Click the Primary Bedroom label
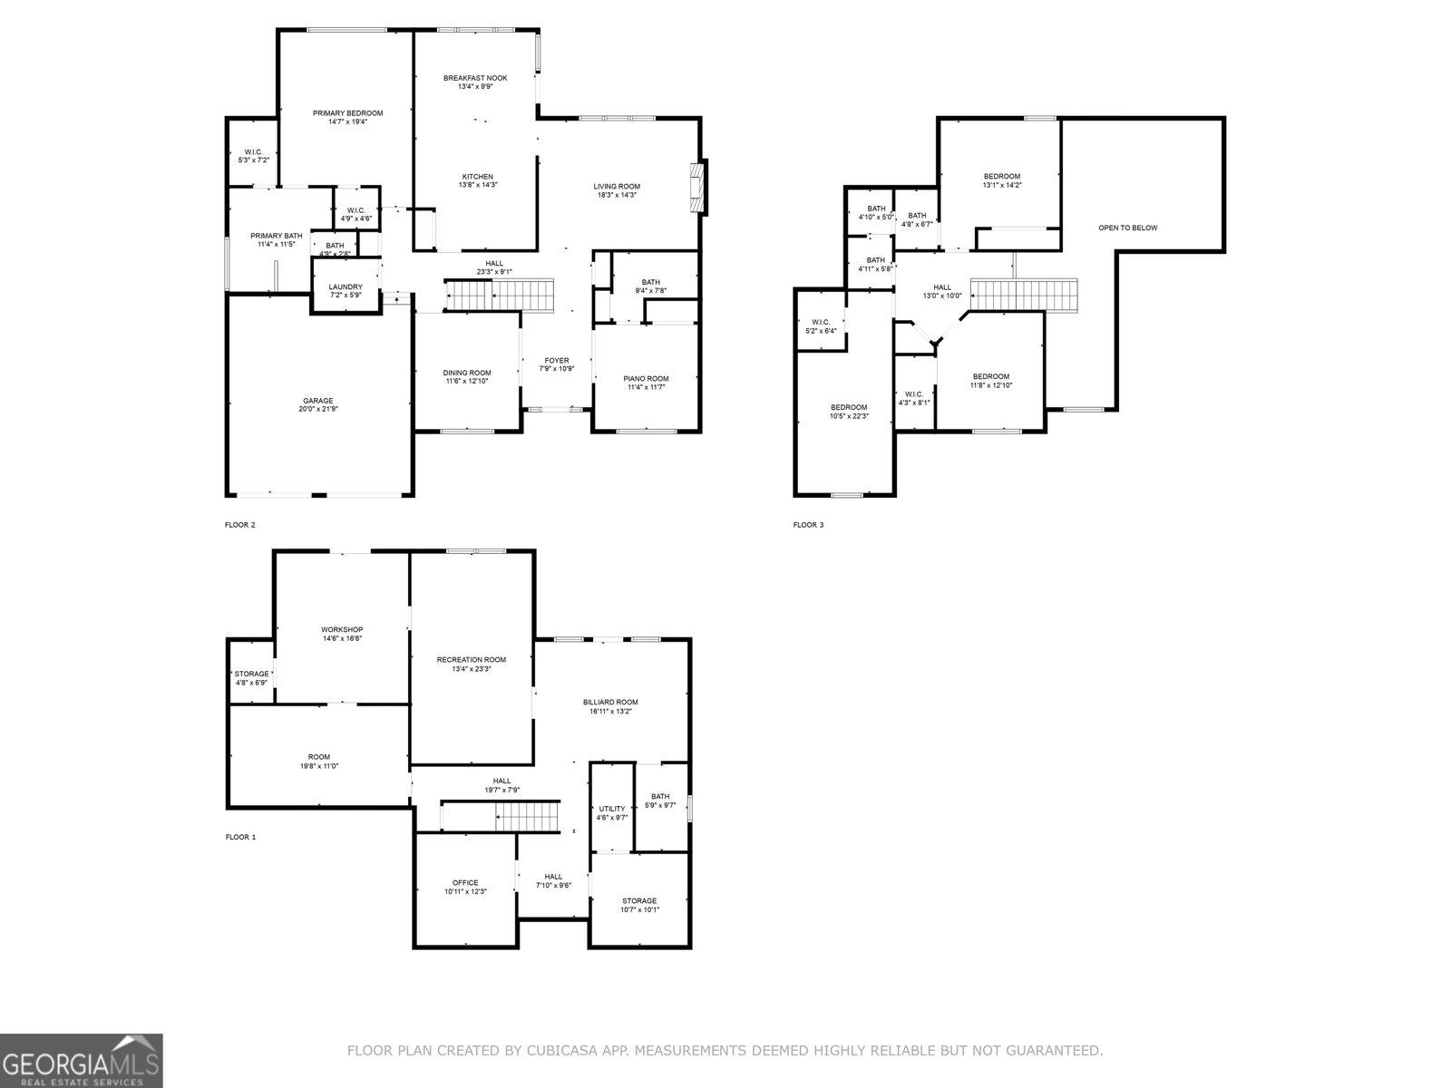click(347, 113)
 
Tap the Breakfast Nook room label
click(475, 78)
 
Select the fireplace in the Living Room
click(698, 188)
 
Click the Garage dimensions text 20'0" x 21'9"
click(317, 409)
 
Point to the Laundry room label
click(346, 287)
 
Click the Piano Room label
click(646, 378)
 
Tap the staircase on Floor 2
click(500, 295)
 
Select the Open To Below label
click(1127, 228)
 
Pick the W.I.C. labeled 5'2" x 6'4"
click(820, 326)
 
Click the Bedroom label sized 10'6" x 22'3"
click(849, 407)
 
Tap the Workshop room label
click(342, 629)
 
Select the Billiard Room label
click(610, 702)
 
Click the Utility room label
click(612, 809)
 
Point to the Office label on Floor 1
click(465, 882)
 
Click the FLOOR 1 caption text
click(240, 837)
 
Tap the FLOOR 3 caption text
click(808, 524)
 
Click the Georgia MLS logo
click(81, 1060)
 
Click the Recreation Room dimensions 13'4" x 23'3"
click(471, 668)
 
